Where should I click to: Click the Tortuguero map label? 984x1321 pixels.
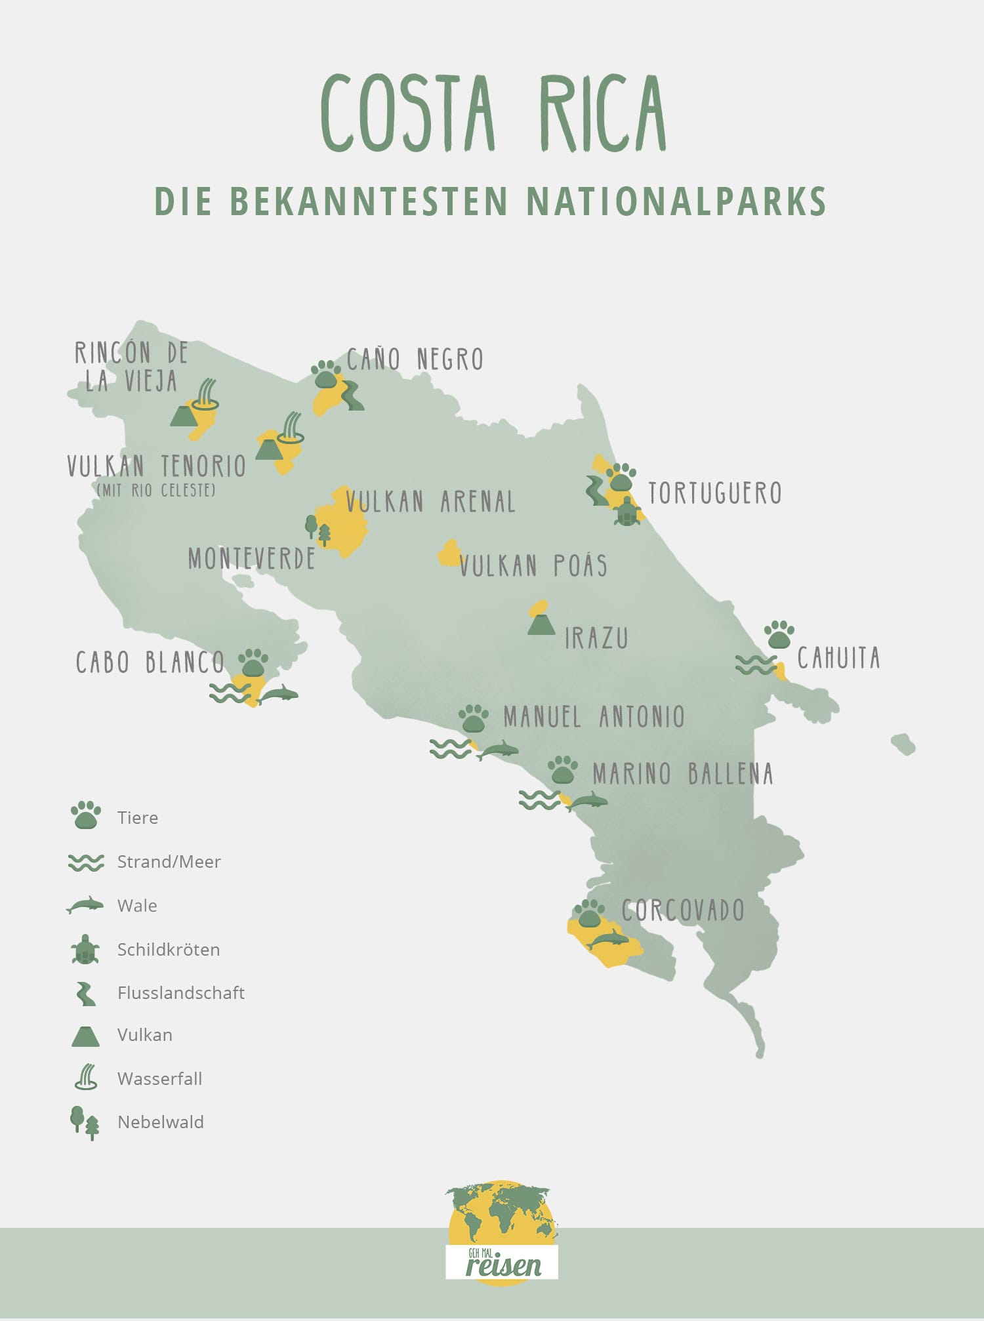coord(714,493)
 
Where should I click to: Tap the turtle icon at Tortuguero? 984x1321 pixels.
coord(628,512)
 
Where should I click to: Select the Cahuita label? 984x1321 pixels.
coord(838,658)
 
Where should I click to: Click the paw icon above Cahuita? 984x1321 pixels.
coord(779,634)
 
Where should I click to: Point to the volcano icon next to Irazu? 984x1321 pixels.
coord(541,624)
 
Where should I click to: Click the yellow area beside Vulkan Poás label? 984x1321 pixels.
coord(449,554)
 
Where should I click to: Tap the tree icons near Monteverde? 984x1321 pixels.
coord(318,530)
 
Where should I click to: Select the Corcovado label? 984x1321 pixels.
coord(683,910)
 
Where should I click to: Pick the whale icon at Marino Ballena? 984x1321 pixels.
coord(588,801)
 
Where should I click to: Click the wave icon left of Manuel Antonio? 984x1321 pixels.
coord(450,748)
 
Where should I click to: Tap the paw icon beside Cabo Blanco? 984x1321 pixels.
coord(253,662)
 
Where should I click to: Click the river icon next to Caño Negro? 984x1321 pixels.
coord(352,396)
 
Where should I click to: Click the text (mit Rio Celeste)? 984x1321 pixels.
coord(156,490)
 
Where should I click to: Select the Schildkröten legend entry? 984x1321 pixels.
coord(168,949)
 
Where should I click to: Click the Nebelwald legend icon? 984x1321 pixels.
coord(85,1122)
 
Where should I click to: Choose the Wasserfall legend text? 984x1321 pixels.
coord(159,1078)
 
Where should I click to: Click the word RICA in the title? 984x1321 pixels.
coord(602,115)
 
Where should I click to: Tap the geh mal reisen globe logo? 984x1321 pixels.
coord(502,1232)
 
